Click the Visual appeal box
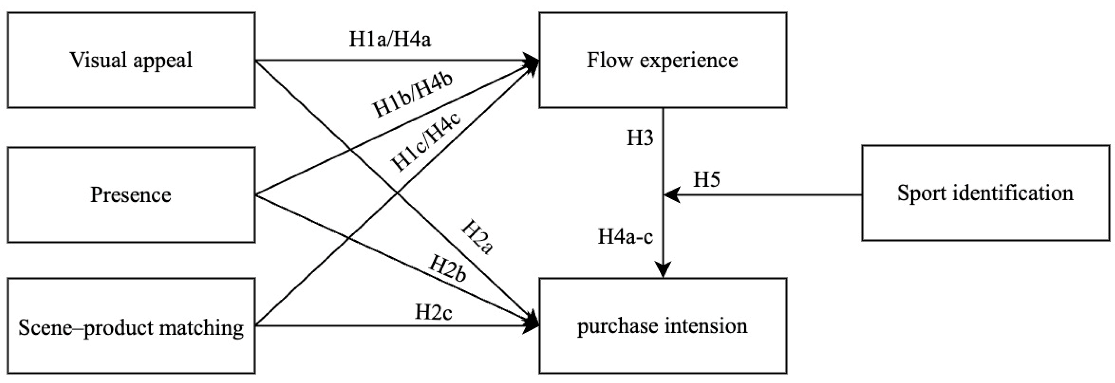(x=131, y=60)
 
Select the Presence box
(x=131, y=195)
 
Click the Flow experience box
(x=662, y=60)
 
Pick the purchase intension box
(x=662, y=326)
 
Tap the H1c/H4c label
(x=426, y=141)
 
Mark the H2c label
(x=433, y=312)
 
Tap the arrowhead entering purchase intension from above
(x=663, y=270)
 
